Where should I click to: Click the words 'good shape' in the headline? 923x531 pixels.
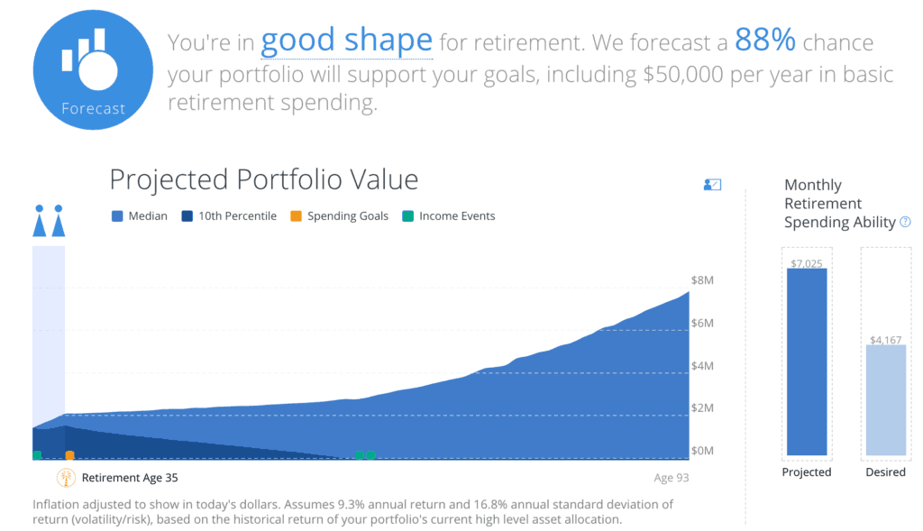tap(346, 41)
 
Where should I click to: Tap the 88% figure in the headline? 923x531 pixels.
tap(765, 41)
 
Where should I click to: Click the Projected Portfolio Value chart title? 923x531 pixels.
tap(263, 179)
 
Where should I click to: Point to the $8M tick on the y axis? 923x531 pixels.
tap(702, 281)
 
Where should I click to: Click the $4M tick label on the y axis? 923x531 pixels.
tap(702, 366)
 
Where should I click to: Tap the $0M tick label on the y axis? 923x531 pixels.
tap(702, 451)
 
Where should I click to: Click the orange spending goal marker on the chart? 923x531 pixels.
tap(70, 455)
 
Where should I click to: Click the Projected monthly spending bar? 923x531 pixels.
tap(807, 361)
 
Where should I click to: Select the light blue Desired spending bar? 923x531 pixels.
tap(885, 398)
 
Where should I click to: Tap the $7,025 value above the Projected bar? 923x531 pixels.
tap(807, 262)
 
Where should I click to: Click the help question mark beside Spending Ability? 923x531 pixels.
tap(905, 222)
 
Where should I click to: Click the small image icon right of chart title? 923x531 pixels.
tap(712, 185)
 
